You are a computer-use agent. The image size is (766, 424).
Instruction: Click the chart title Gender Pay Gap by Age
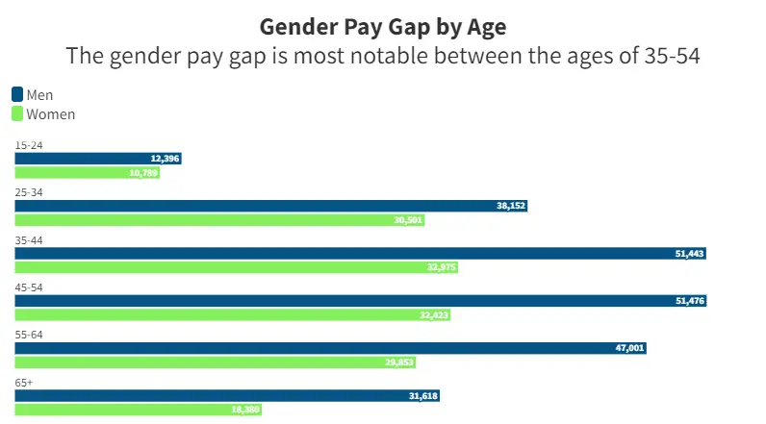coord(383,25)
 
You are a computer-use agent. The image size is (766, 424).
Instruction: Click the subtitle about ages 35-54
coord(383,56)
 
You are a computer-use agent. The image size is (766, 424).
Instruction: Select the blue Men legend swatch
coord(17,94)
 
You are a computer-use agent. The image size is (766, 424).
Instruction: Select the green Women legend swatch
coord(17,114)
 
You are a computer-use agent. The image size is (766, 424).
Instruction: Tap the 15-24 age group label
coord(29,145)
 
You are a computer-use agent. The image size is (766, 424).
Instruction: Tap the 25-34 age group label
coord(29,192)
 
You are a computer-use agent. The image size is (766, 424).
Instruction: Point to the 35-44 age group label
coord(29,239)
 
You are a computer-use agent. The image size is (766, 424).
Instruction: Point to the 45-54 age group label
coord(29,287)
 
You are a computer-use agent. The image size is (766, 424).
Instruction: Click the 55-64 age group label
coord(29,335)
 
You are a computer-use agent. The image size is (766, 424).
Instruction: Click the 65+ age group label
coord(24,382)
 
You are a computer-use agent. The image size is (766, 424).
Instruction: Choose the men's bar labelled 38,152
coord(270,206)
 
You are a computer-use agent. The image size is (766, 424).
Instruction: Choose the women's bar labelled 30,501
coord(219,220)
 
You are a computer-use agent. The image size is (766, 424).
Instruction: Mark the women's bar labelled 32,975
coord(236,267)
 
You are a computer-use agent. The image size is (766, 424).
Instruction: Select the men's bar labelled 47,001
coord(330,348)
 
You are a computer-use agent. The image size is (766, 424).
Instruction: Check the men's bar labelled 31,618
coord(227,395)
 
